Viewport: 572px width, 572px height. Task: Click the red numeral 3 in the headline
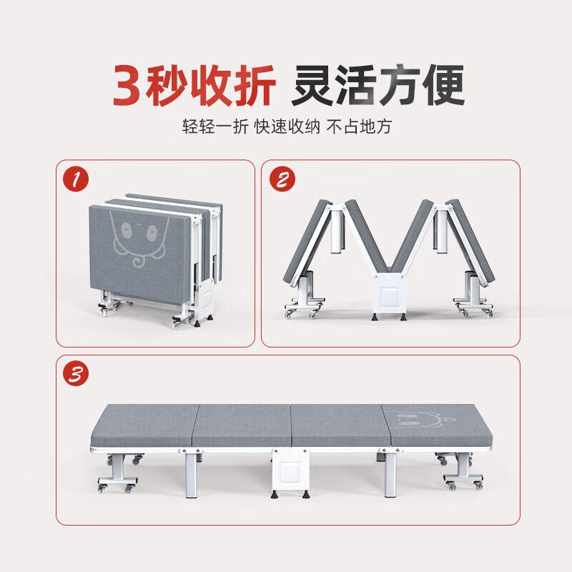point(127,85)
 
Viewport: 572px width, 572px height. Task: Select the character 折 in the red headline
point(255,85)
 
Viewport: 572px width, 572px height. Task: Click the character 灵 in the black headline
point(312,85)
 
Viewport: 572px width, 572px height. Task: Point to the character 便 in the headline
point(443,85)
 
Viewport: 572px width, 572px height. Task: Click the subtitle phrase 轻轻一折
point(215,127)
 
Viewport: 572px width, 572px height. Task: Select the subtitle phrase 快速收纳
point(287,127)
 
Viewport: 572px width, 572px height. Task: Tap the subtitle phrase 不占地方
point(359,127)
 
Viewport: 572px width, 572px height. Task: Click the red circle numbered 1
point(76,179)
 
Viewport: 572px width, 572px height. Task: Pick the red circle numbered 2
point(282,179)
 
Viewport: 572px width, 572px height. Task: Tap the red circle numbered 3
point(76,373)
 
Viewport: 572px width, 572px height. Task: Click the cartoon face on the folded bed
point(139,239)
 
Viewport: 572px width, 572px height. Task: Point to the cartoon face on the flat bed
point(420,418)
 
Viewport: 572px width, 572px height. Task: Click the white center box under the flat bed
point(290,470)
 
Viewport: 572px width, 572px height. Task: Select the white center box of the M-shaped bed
point(389,295)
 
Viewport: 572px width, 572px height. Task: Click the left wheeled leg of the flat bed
point(119,473)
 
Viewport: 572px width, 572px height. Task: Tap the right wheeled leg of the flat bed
point(460,471)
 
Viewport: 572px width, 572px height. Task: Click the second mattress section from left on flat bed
point(242,425)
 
